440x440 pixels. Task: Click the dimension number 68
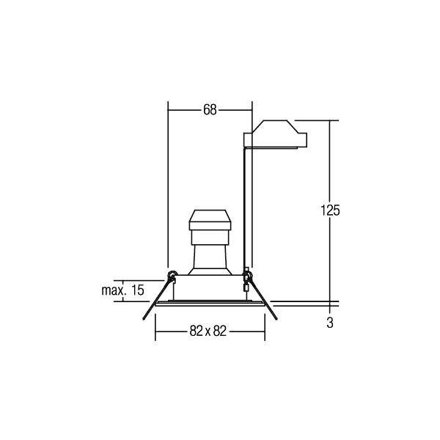click(210, 110)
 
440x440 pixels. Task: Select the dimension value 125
click(330, 210)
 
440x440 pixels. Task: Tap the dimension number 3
click(330, 323)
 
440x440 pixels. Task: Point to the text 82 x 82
click(208, 331)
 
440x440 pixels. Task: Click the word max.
click(112, 290)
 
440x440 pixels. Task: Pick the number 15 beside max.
click(138, 290)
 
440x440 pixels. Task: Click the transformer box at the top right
click(275, 134)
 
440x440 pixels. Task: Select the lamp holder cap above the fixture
click(210, 220)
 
